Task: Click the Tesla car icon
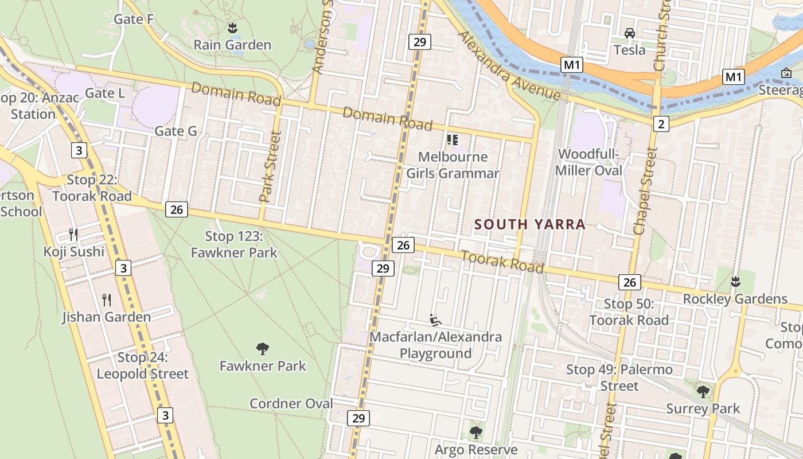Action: click(630, 33)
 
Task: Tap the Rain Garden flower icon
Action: click(232, 28)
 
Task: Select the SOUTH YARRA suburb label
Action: click(530, 224)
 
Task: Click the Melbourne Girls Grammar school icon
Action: click(453, 139)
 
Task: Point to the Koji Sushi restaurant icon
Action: click(73, 234)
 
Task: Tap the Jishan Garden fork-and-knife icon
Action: click(107, 299)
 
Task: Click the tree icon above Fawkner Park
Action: click(263, 348)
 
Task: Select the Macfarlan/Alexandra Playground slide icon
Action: click(435, 320)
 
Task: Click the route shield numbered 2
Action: click(661, 123)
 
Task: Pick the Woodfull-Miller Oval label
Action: click(590, 162)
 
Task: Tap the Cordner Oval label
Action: click(291, 403)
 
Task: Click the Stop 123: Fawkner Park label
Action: click(234, 244)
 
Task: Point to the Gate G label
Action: click(176, 131)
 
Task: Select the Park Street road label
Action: click(270, 167)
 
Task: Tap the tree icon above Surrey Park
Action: click(703, 392)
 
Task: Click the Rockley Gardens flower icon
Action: click(734, 282)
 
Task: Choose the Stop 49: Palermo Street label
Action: click(619, 378)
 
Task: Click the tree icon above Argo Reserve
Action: click(475, 432)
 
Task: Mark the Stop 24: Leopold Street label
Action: click(142, 365)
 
